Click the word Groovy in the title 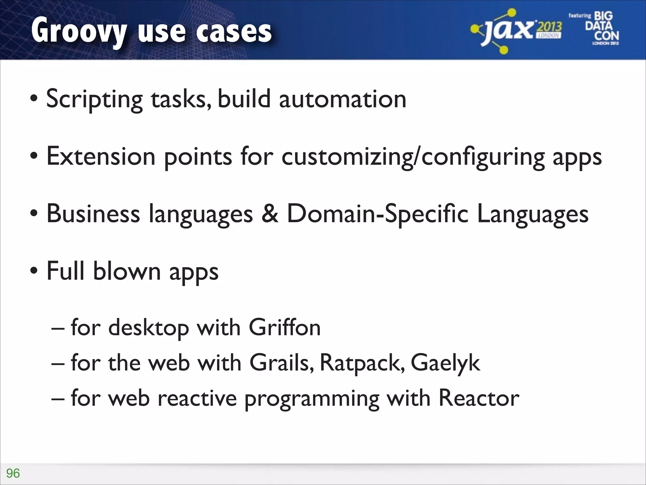pyautogui.click(x=79, y=32)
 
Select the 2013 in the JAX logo pyautogui.click(x=549, y=27)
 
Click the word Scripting pyautogui.click(x=94, y=99)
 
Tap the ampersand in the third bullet pyautogui.click(x=270, y=214)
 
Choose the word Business pyautogui.click(x=93, y=214)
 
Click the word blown pyautogui.click(x=127, y=271)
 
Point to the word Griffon pyautogui.click(x=285, y=327)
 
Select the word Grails pyautogui.click(x=282, y=363)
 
